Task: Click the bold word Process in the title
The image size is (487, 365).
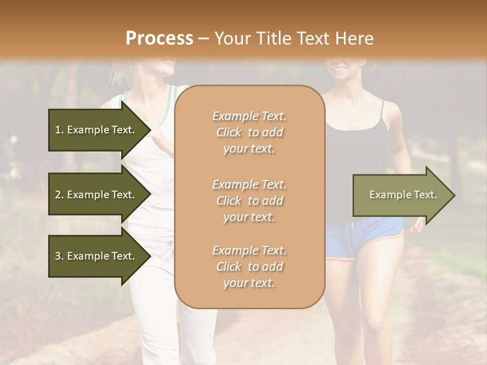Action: pyautogui.click(x=159, y=39)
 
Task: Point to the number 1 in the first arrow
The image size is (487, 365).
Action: pyautogui.click(x=57, y=130)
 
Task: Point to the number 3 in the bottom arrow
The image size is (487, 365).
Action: pyautogui.click(x=57, y=256)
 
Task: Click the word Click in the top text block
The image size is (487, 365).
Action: pyautogui.click(x=229, y=133)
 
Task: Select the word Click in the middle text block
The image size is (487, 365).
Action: pyautogui.click(x=229, y=201)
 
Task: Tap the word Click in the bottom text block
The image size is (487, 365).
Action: pyautogui.click(x=229, y=267)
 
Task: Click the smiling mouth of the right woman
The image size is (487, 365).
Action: pyautogui.click(x=339, y=67)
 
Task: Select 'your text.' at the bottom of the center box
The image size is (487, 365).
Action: pyautogui.click(x=249, y=283)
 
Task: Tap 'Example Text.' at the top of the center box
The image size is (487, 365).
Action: pyautogui.click(x=249, y=116)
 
